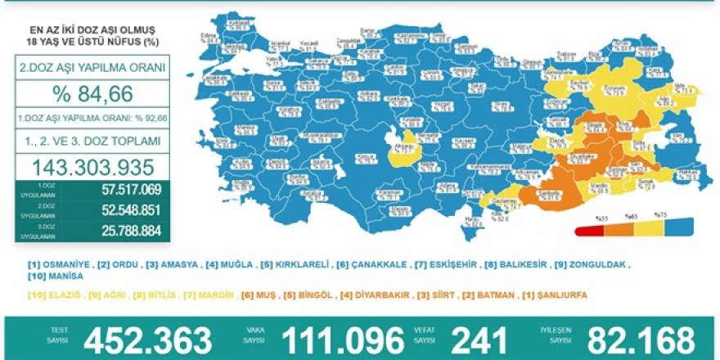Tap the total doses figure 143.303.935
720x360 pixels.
coord(92,169)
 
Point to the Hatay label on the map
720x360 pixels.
coord(448,219)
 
